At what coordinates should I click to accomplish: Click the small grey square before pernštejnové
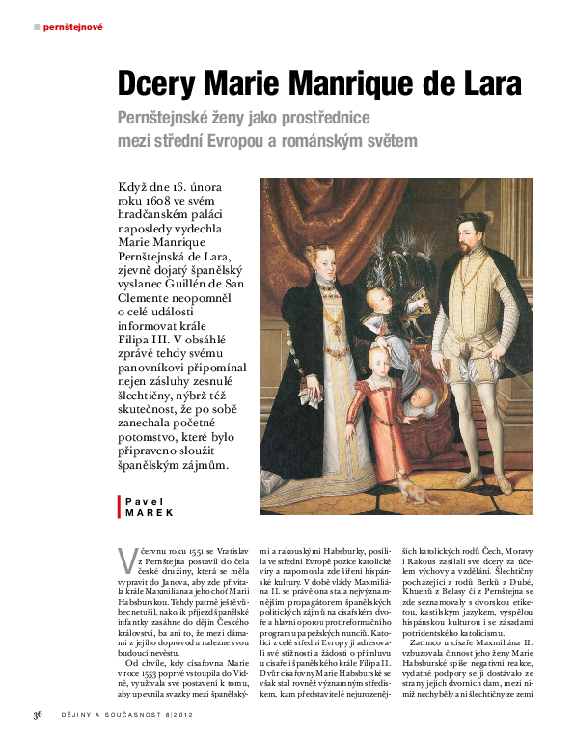pyautogui.click(x=37, y=27)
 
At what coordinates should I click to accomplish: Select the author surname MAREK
pyautogui.click(x=147, y=513)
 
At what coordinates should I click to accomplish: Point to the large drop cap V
pyautogui.click(x=124, y=559)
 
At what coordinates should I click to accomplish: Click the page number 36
pyautogui.click(x=38, y=715)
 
